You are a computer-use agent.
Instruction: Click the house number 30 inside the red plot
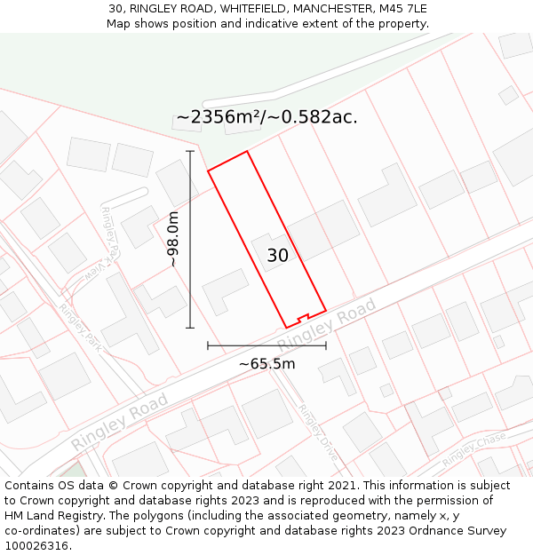pos(277,256)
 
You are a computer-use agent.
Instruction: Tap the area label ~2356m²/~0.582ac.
pos(266,117)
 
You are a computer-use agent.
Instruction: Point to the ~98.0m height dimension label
pos(173,240)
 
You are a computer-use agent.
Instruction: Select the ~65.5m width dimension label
pos(266,363)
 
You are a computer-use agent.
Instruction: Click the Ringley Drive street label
pos(318,431)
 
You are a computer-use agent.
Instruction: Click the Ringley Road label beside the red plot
pos(327,326)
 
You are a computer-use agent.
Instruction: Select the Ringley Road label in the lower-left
pos(120,422)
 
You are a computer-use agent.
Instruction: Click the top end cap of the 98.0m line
pos(190,152)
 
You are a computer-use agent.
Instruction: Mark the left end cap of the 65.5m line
pos(208,345)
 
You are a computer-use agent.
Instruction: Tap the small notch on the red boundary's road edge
pos(303,317)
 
